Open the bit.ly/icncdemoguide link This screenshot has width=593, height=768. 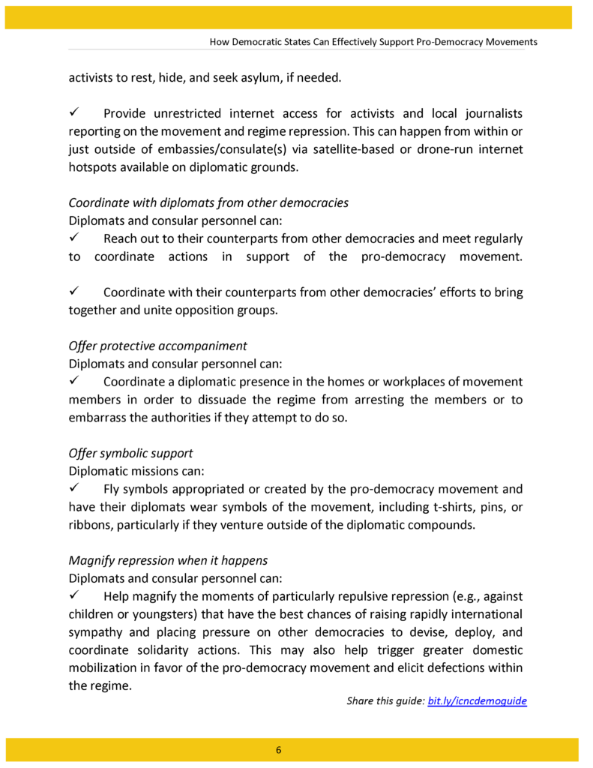[x=477, y=701]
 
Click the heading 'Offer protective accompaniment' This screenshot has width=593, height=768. [x=157, y=346]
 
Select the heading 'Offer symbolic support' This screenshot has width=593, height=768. [x=130, y=453]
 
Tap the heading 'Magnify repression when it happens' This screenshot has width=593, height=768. [x=168, y=560]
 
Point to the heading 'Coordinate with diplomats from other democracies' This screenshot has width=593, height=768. [x=208, y=202]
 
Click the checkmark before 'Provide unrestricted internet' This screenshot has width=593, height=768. [x=75, y=113]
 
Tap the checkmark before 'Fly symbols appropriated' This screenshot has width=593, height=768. [x=75, y=489]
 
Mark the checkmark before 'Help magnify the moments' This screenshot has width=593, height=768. [x=75, y=596]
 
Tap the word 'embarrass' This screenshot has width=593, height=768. [x=97, y=418]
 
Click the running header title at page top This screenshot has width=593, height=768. [x=373, y=42]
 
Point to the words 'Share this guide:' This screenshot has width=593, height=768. [x=385, y=701]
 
